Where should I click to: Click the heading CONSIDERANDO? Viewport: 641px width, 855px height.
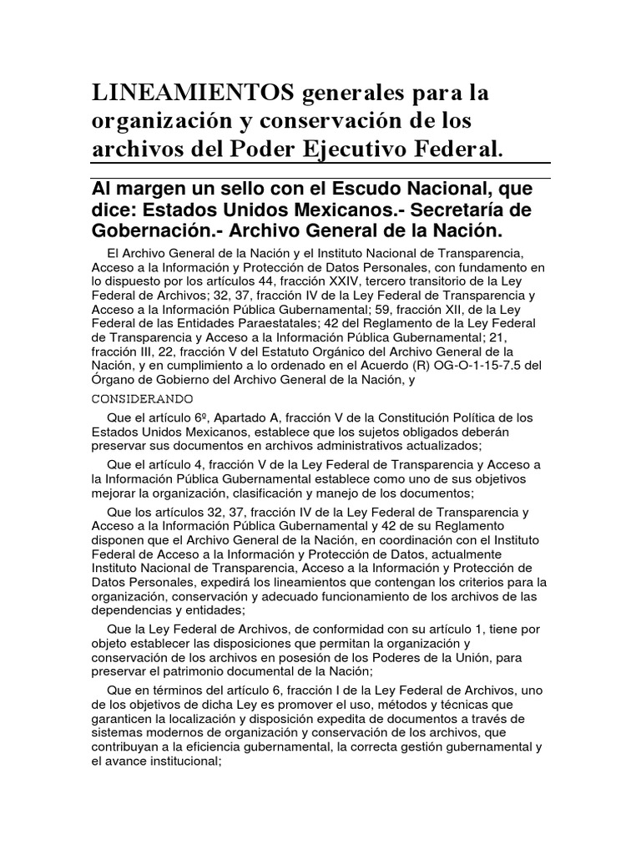[143, 397]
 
